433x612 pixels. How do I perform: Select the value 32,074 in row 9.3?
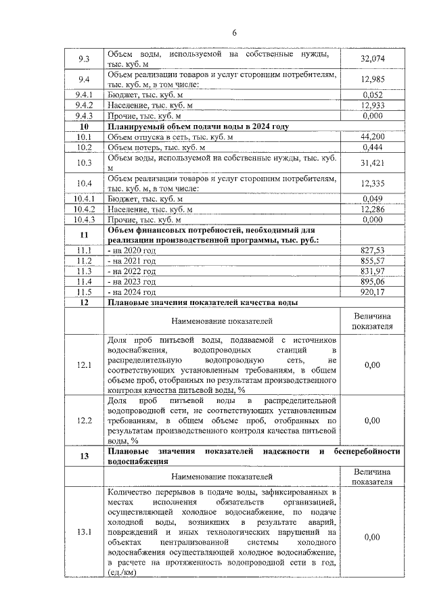[x=372, y=59]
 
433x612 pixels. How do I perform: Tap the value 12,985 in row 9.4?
[x=372, y=79]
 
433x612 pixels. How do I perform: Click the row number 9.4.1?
[x=85, y=95]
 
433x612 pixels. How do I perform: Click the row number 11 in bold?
[x=85, y=235]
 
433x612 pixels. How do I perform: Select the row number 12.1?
[x=85, y=365]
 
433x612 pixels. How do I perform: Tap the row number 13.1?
[x=85, y=532]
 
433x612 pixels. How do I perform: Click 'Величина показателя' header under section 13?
[x=373, y=477]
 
